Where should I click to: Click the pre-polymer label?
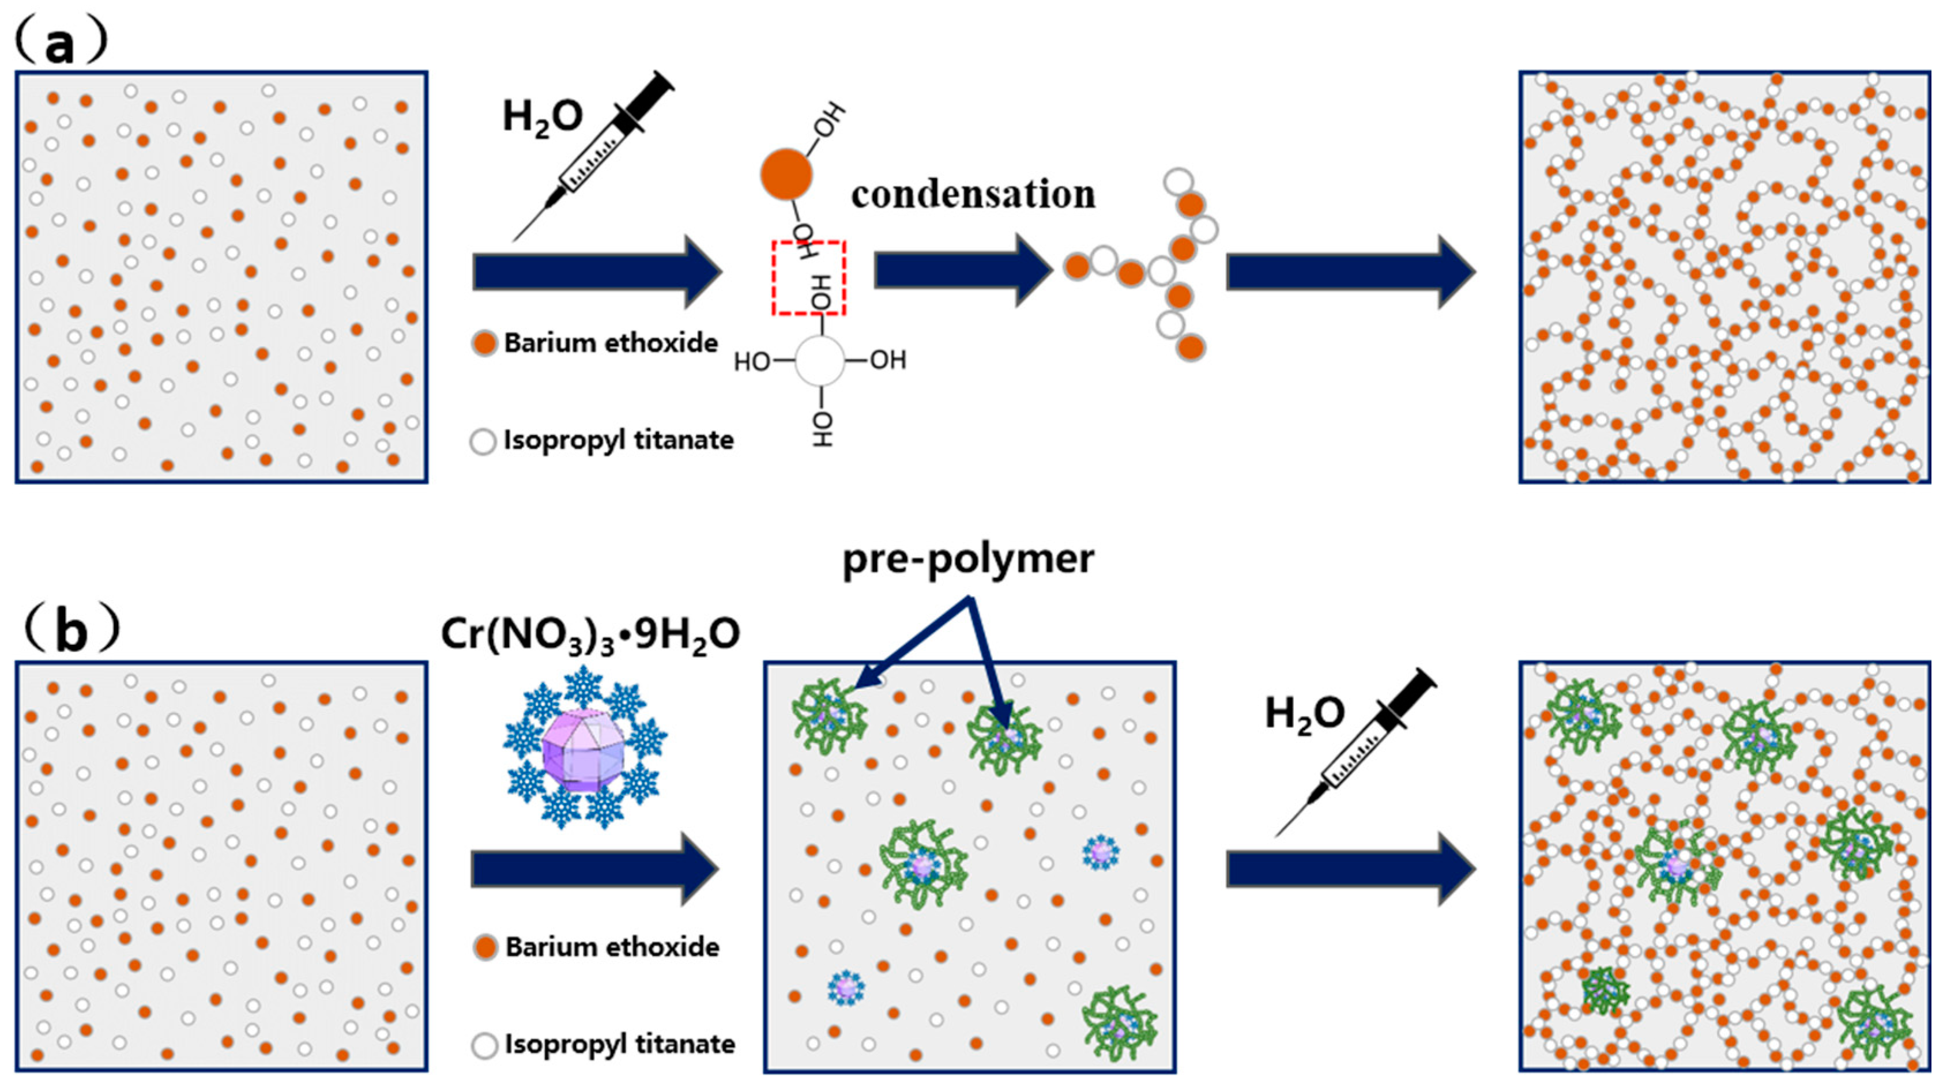pyautogui.click(x=967, y=560)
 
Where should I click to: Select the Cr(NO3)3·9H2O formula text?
pyautogui.click(x=590, y=634)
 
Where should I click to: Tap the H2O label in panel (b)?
pyautogui.click(x=1304, y=713)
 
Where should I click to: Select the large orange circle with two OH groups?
pyautogui.click(x=786, y=174)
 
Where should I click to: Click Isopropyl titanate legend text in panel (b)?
pyautogui.click(x=619, y=1044)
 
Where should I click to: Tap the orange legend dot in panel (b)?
pyautogui.click(x=485, y=947)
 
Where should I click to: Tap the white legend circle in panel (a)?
pyautogui.click(x=483, y=441)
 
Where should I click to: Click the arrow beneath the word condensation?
pyautogui.click(x=962, y=270)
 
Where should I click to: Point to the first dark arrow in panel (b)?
pyautogui.click(x=594, y=868)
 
